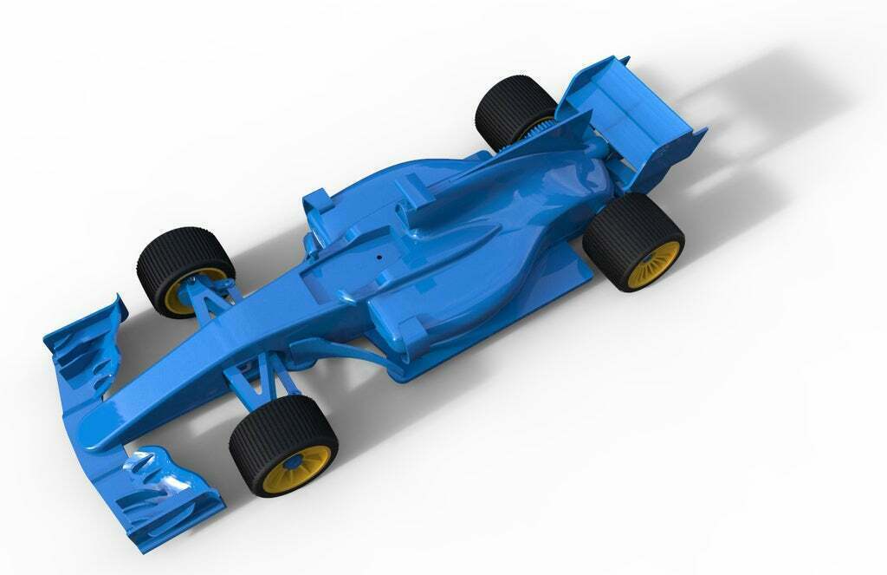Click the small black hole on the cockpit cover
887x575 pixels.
pyautogui.click(x=379, y=256)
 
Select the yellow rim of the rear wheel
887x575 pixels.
pyautogui.click(x=654, y=265)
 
